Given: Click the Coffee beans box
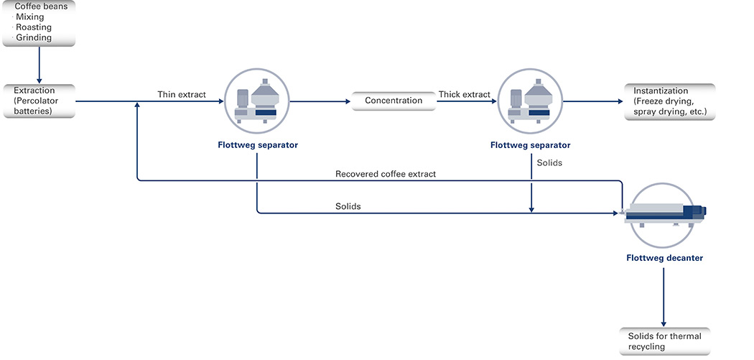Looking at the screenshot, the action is click(x=39, y=23).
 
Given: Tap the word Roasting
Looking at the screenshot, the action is click(x=34, y=27).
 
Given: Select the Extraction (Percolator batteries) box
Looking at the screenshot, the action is click(x=39, y=101).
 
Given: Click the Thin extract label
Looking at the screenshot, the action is click(x=182, y=94).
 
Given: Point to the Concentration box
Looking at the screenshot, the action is click(x=394, y=101).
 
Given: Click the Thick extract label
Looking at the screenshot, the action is click(x=465, y=94).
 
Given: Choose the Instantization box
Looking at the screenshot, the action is click(x=670, y=101).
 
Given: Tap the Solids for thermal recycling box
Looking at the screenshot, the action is click(x=664, y=342).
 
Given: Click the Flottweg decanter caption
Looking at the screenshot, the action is click(x=664, y=258).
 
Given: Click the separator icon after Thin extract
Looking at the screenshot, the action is click(x=257, y=101).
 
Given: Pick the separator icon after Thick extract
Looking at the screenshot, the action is click(x=531, y=101).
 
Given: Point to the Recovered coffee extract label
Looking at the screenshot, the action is click(x=386, y=174).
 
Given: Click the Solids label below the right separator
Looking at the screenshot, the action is click(x=549, y=162).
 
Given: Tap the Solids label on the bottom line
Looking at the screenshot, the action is click(x=348, y=206).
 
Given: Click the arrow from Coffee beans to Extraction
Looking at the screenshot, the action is click(x=39, y=65).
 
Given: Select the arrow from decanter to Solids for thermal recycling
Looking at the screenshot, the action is click(x=664, y=297).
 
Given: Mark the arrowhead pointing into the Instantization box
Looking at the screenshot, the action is click(x=620, y=101).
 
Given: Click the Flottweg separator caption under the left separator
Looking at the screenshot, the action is click(x=258, y=145).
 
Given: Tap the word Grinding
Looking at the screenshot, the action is click(x=34, y=37).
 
